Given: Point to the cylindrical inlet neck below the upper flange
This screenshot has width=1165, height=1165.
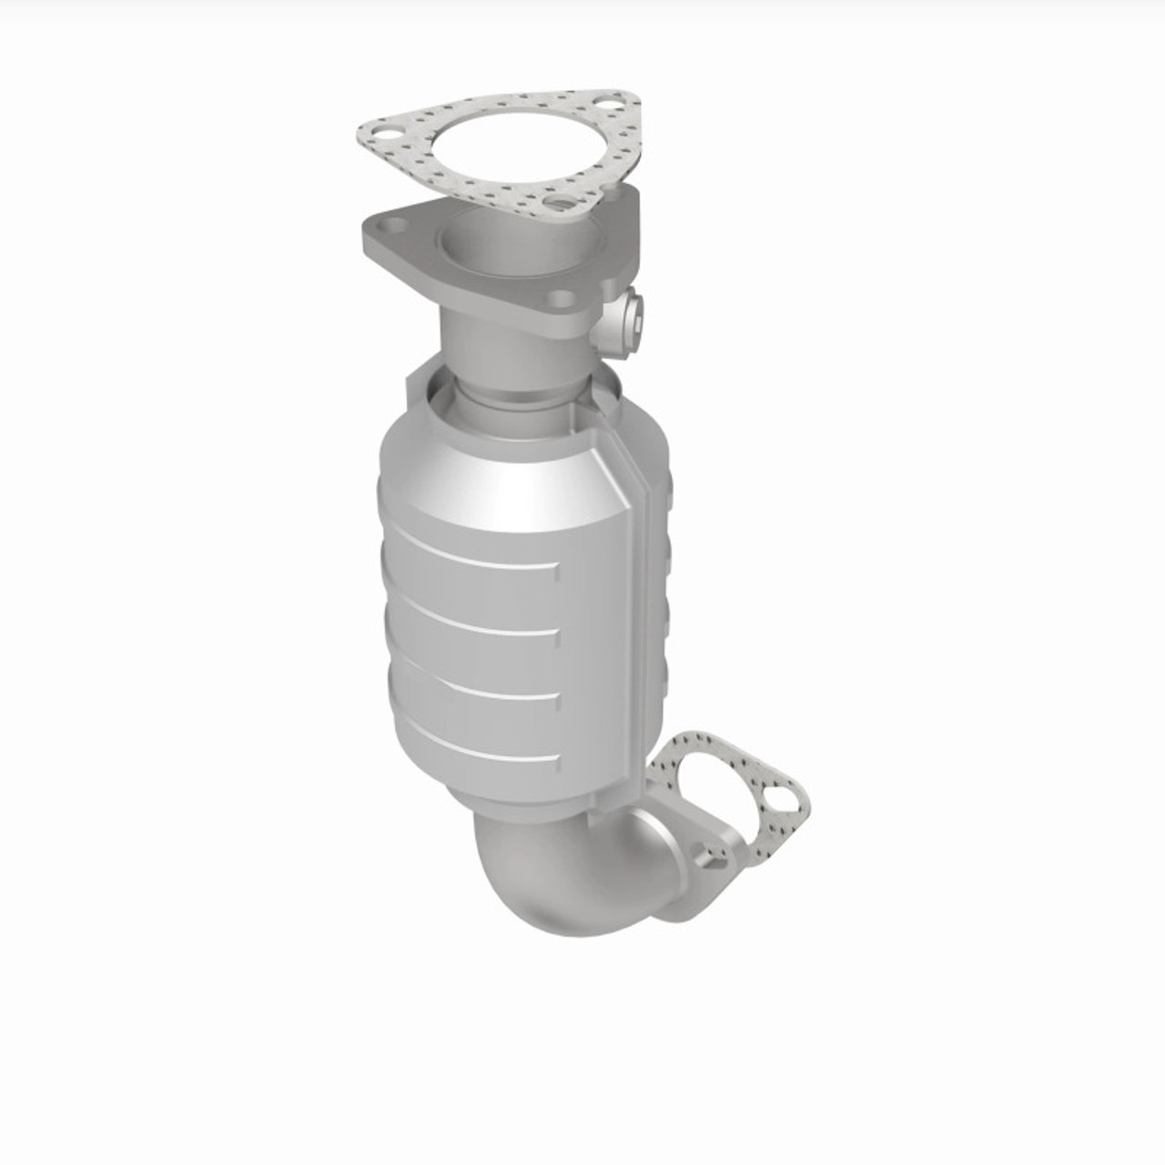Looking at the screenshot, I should (487, 346).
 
